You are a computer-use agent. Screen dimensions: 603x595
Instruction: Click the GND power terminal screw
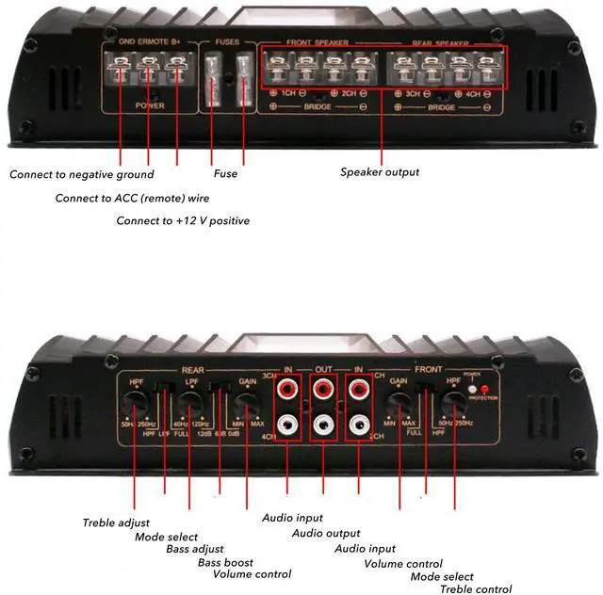pos(121,68)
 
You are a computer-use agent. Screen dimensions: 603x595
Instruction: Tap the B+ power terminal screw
pos(177,68)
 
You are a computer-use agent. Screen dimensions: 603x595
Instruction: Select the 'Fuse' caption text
pos(226,173)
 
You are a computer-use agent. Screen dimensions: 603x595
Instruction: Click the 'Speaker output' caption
pos(380,172)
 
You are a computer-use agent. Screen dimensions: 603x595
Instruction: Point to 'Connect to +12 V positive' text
pos(183,220)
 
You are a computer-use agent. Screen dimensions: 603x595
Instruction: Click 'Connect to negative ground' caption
pos(82,174)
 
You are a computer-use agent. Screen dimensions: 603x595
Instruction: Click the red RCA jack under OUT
pos(323,387)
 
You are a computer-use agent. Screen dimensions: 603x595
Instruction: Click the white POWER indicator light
pos(473,388)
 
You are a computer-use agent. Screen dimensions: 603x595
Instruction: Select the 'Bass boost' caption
pos(225,562)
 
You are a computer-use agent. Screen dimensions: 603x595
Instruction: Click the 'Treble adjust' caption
pos(116,523)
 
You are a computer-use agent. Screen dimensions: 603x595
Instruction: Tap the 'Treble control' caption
pos(476,589)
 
